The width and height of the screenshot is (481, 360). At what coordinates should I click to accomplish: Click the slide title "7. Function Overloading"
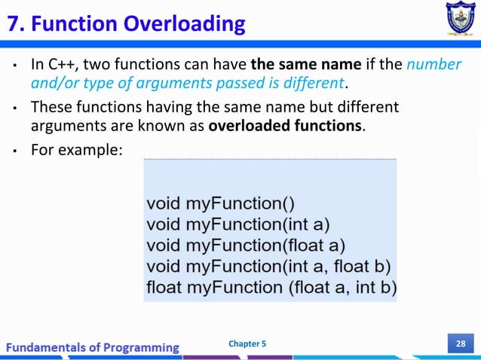click(126, 24)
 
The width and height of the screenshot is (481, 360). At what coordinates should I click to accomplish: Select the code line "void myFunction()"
click(220, 203)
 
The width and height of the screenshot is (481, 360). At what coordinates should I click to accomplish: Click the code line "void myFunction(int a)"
click(237, 224)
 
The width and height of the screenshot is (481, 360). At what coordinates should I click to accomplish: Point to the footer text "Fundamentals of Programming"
click(93, 347)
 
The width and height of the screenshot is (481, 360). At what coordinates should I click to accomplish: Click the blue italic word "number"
click(434, 65)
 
